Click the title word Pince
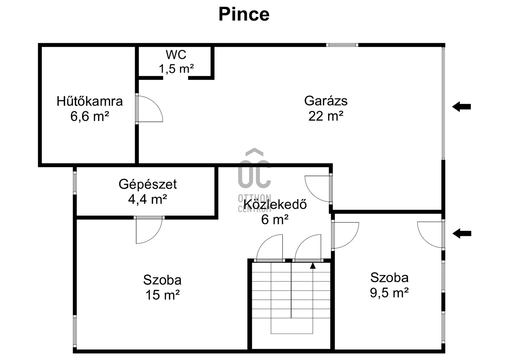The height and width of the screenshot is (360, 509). pyautogui.click(x=244, y=14)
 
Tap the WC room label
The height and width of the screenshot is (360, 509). pyautogui.click(x=176, y=55)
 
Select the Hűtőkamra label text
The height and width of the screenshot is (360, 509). pyautogui.click(x=90, y=101)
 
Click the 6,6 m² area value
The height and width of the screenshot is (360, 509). pyautogui.click(x=90, y=116)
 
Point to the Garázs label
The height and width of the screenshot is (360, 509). pyautogui.click(x=326, y=101)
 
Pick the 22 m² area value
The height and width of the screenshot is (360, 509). pyautogui.click(x=326, y=116)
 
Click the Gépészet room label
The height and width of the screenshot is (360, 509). pyautogui.click(x=148, y=184)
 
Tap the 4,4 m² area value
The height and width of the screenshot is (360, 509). pyautogui.click(x=148, y=199)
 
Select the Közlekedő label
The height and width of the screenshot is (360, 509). pyautogui.click(x=275, y=204)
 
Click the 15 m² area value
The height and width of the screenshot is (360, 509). pyautogui.click(x=163, y=295)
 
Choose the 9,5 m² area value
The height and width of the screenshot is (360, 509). pyautogui.click(x=389, y=293)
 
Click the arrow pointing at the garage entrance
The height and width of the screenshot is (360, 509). pyautogui.click(x=461, y=107)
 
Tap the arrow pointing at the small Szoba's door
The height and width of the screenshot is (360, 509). pyautogui.click(x=462, y=234)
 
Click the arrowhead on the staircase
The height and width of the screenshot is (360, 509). pyautogui.click(x=313, y=266)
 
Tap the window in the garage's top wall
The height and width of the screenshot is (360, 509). pyautogui.click(x=342, y=45)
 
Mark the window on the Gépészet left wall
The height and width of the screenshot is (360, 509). pyautogui.click(x=75, y=183)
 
